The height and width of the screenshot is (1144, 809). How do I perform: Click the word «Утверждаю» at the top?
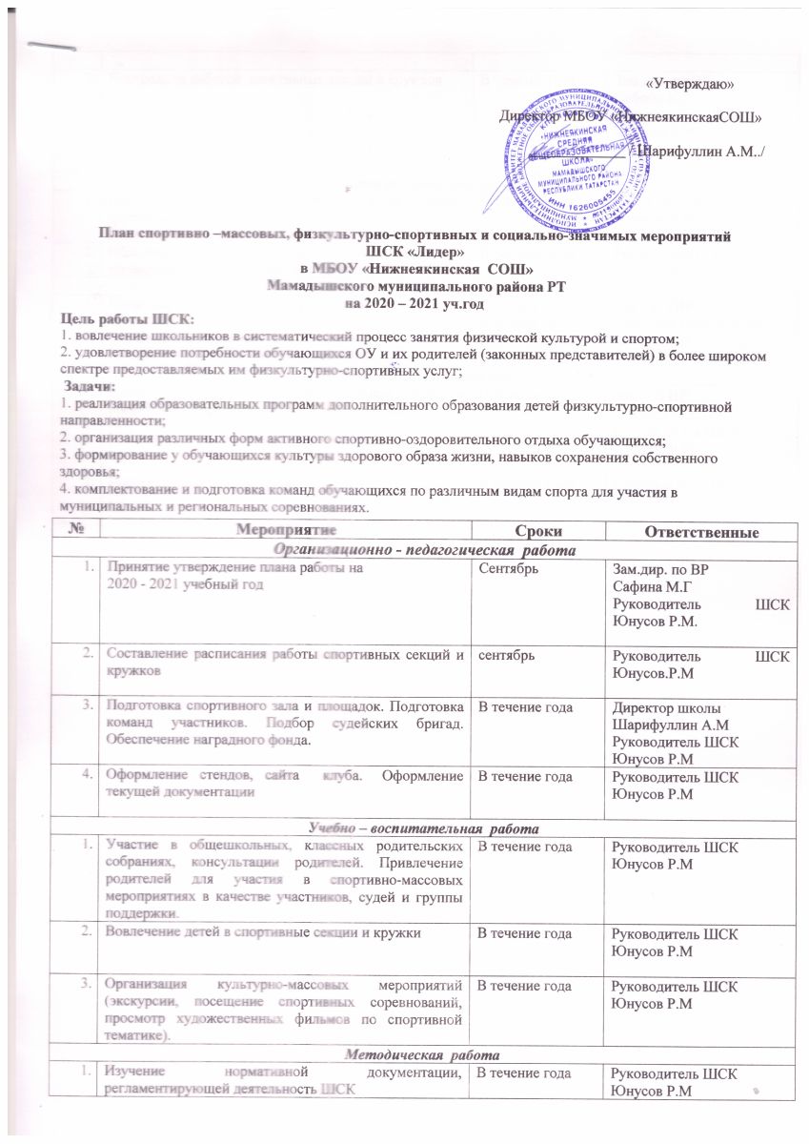click(x=689, y=84)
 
